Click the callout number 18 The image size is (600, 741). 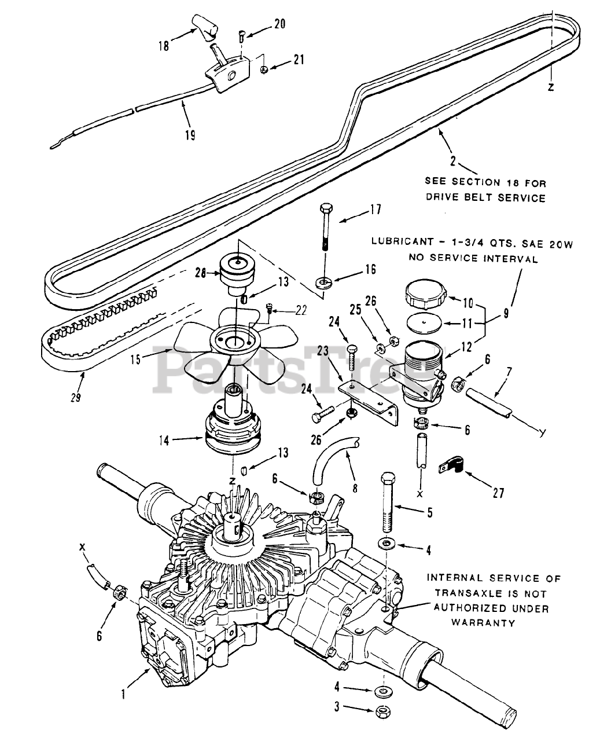pos(164,45)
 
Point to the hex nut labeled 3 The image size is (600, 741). pos(384,711)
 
